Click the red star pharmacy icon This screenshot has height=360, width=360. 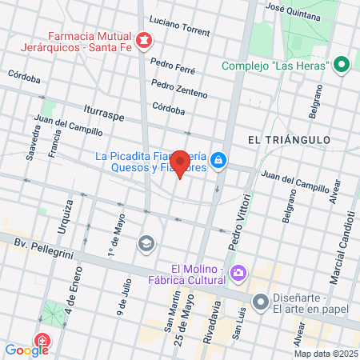click(x=144, y=40)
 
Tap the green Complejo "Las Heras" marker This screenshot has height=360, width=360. click(x=342, y=65)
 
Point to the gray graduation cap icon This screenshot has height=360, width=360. click(x=146, y=242)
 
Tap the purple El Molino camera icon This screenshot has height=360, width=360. click(x=238, y=274)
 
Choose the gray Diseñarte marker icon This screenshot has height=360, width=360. click(x=261, y=302)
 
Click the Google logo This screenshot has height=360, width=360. click(x=26, y=350)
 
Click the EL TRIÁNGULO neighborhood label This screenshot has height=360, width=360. click(x=289, y=139)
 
